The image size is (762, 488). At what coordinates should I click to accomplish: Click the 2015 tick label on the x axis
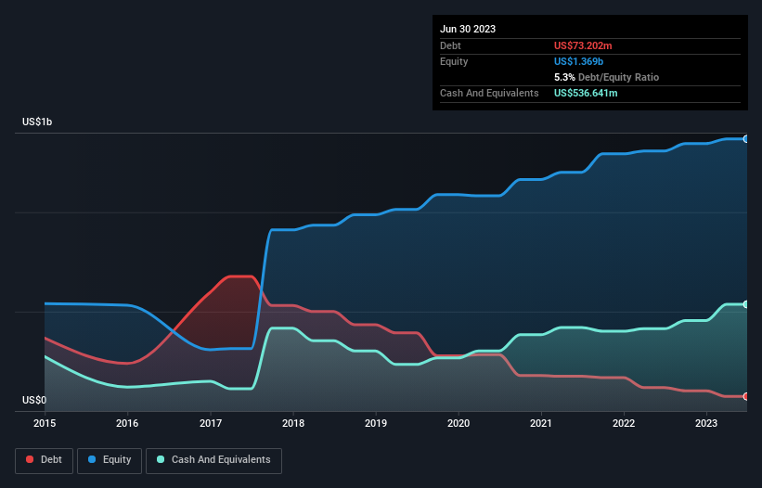(45, 423)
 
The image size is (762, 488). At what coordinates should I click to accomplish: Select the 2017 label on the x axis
(211, 423)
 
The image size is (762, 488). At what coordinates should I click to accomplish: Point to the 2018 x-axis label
(293, 423)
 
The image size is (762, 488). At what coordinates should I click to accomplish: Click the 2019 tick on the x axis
(376, 423)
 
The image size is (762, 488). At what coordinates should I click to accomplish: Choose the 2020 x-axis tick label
(458, 423)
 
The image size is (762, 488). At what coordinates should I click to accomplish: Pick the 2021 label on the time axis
(541, 423)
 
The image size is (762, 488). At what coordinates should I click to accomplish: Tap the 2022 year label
(624, 423)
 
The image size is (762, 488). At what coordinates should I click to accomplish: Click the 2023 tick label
(706, 423)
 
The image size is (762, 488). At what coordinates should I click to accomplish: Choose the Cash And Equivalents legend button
(213, 460)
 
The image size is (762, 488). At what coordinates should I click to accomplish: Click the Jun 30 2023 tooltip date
(468, 29)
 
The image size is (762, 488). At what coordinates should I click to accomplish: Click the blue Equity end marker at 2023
(745, 138)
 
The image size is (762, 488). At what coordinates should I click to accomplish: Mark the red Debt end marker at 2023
(745, 396)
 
